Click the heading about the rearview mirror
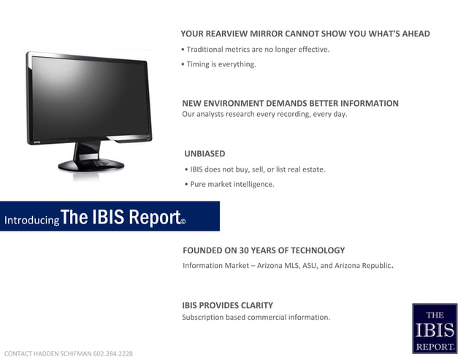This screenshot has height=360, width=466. [305, 34]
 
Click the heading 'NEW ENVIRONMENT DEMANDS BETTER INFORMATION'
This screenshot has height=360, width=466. [290, 103]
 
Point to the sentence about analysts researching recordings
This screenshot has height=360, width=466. [264, 114]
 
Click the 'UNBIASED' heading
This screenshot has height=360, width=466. [205, 153]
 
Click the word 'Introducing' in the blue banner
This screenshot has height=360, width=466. [31, 220]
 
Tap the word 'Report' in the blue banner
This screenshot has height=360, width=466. [154, 217]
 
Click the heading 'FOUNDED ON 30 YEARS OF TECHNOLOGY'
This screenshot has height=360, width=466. [264, 250]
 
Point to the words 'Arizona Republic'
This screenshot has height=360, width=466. [360, 266]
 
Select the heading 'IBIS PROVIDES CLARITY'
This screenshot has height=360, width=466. [227, 305]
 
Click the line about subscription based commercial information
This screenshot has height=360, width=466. [256, 317]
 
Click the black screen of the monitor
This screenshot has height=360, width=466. [88, 99]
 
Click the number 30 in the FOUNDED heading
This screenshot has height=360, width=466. [250, 250]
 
